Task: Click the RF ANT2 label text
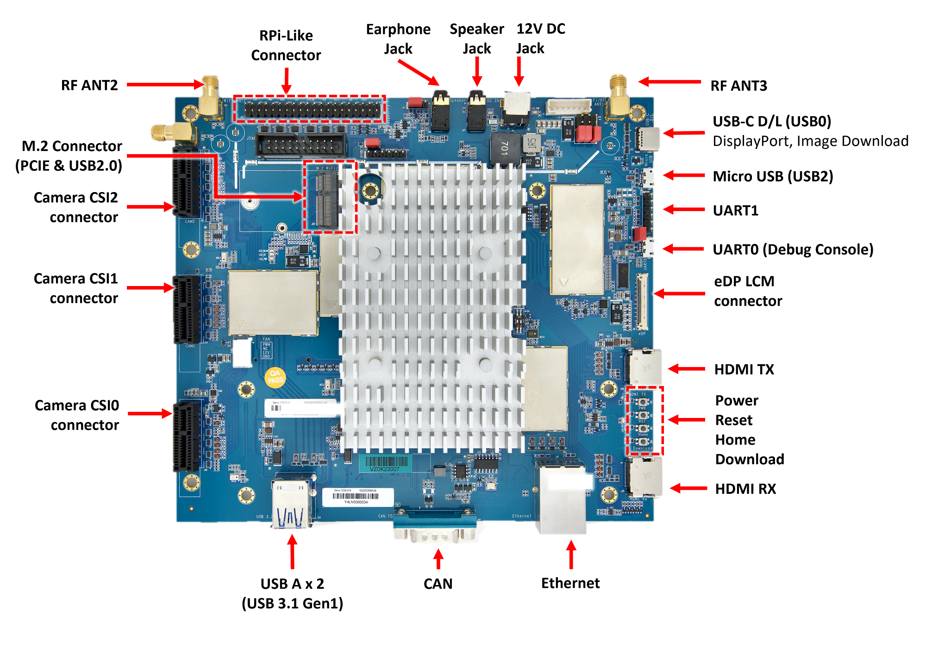click(x=89, y=85)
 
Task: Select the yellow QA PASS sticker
click(x=275, y=377)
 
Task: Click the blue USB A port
click(x=291, y=505)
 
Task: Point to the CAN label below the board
click(x=438, y=584)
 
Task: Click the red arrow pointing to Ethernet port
click(x=571, y=554)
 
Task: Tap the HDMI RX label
click(x=745, y=489)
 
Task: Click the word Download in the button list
click(x=749, y=459)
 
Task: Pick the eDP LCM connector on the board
click(x=642, y=301)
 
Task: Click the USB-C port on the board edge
click(x=648, y=138)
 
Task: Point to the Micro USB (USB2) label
click(x=772, y=176)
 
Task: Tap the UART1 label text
click(x=735, y=211)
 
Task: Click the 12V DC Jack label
click(x=540, y=38)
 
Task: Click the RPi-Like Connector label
click(x=286, y=45)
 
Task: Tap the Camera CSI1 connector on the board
click(x=187, y=309)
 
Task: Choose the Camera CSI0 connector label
click(x=77, y=415)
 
